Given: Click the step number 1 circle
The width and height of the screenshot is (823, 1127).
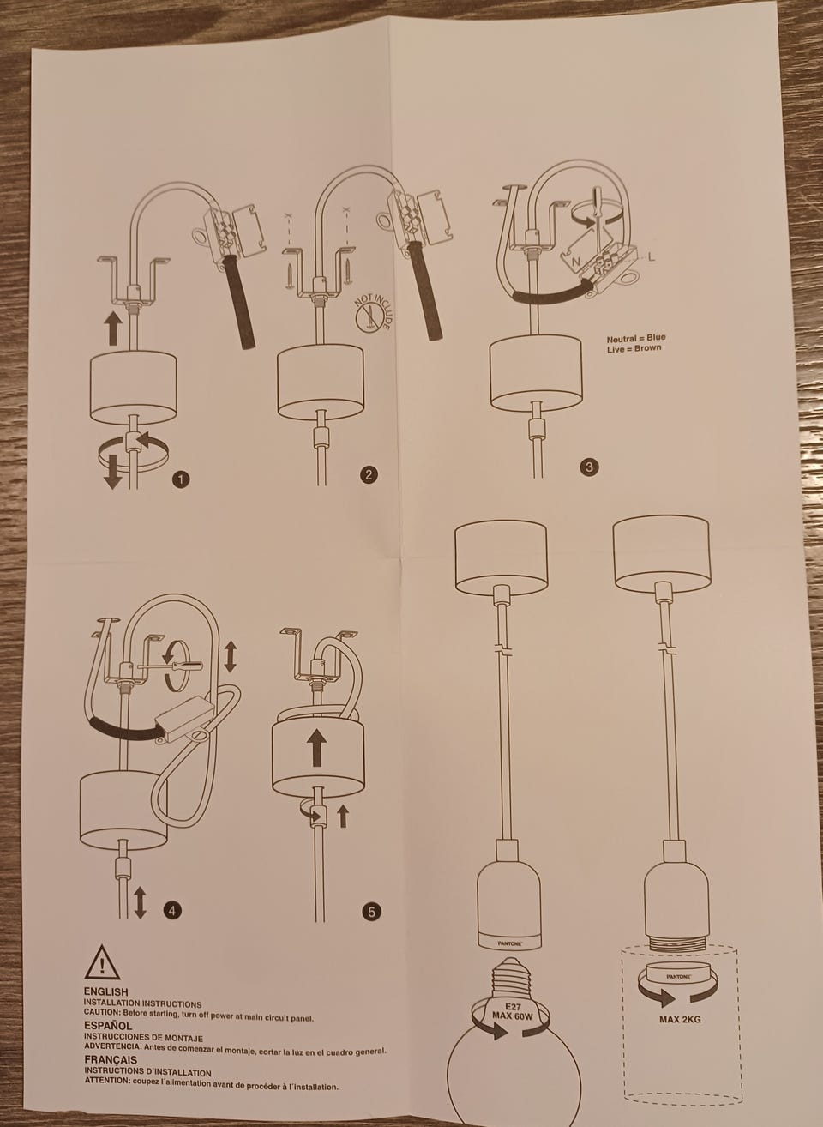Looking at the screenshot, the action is pos(181,479).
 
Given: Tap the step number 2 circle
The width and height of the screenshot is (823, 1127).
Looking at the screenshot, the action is pos(369,474).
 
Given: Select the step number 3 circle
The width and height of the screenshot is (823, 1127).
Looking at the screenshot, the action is pos(589,467).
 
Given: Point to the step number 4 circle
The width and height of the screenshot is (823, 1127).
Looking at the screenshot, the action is pos(172,910).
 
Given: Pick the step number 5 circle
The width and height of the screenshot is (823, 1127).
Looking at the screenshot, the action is pos(371,912).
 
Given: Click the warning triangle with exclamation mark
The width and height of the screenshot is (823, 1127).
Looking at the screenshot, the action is pos(102,962).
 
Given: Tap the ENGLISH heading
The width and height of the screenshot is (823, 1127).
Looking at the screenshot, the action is pos(106,991).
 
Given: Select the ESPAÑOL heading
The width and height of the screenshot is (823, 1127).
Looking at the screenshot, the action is pos(108,1026).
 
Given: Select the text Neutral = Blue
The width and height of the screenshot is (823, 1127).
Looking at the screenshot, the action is pos(636,338).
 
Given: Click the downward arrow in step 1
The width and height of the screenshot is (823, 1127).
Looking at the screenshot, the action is pos(112,472).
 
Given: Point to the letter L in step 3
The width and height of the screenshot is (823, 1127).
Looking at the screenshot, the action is pos(652,257).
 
